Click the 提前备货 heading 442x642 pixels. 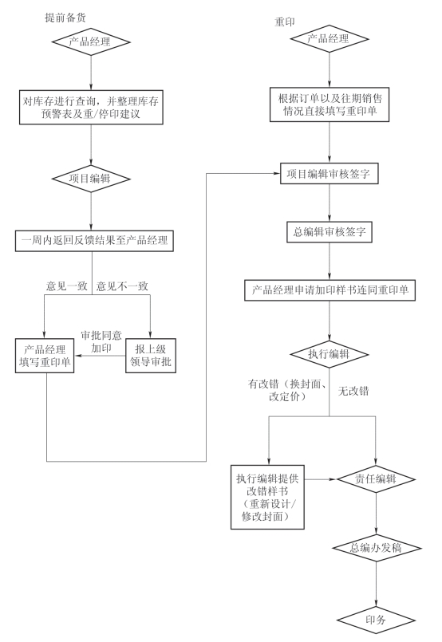65,18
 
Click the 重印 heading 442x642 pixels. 284,22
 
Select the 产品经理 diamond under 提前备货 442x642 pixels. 91,41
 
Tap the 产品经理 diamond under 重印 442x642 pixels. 330,39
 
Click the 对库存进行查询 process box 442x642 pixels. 91,108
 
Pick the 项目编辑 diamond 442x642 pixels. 91,179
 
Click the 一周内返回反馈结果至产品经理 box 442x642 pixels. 94,241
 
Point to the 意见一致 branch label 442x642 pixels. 67,286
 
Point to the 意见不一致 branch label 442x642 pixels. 122,286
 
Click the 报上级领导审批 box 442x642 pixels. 151,356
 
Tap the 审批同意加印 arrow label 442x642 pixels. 101,342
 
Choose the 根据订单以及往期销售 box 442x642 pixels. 330,104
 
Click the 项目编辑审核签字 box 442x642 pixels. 329,174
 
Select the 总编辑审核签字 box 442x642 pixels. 330,232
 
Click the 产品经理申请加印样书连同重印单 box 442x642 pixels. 330,290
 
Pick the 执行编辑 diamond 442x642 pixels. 329,354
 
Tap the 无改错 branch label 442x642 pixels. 353,391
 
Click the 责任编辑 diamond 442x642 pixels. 376,479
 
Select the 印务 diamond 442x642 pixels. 376,620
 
